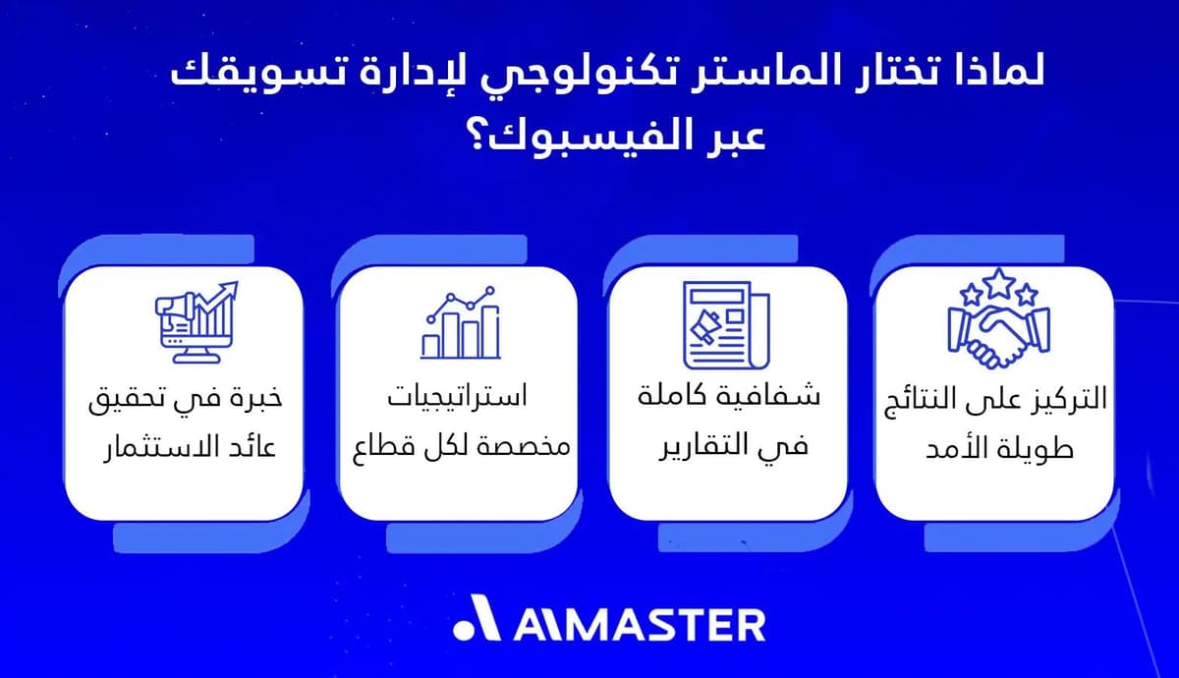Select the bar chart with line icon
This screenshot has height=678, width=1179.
[459, 322]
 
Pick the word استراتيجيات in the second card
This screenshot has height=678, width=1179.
[457, 398]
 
